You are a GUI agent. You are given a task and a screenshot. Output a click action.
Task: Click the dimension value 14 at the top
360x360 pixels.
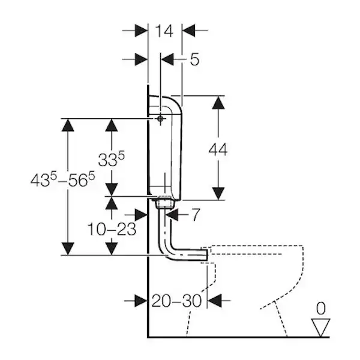point(164,30)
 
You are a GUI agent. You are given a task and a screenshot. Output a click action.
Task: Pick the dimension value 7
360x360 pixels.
point(196,214)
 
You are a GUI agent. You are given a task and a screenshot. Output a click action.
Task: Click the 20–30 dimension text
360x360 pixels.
point(177,300)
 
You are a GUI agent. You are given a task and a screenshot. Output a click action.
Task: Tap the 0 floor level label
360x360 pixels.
point(321,308)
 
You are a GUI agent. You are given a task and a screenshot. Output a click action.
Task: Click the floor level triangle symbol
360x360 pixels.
point(322,326)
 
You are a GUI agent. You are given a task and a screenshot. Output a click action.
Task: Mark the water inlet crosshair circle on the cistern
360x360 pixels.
point(160,119)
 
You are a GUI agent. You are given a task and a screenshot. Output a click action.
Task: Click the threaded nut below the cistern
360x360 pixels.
point(162,203)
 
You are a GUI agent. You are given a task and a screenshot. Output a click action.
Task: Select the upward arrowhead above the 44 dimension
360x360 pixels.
point(218,102)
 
